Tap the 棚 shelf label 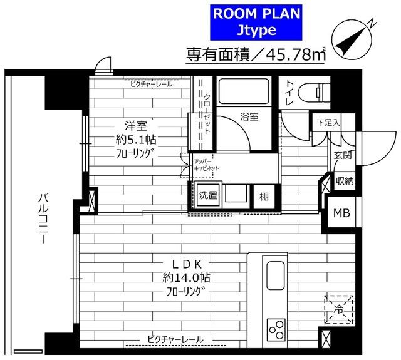pyautogui.click(x=264, y=196)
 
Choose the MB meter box pyautogui.click(x=341, y=212)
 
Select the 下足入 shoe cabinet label pyautogui.click(x=327, y=122)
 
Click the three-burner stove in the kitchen pyautogui.click(x=276, y=328)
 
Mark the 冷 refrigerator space pyautogui.click(x=338, y=309)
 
